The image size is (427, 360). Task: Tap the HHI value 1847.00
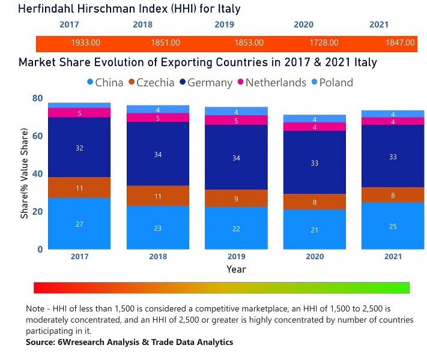tap(399, 43)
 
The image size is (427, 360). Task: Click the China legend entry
tap(105, 82)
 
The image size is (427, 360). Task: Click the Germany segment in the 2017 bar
tap(79, 148)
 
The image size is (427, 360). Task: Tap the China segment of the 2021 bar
tap(393, 226)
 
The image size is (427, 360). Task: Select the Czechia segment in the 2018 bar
tap(157, 196)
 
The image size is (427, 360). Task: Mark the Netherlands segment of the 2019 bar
tap(236, 120)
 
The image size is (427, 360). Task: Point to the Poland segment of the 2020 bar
tap(315, 119)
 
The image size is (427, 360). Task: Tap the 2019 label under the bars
tap(236, 257)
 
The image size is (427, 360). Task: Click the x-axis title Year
tap(236, 269)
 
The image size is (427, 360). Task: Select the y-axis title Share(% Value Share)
tap(25, 173)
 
